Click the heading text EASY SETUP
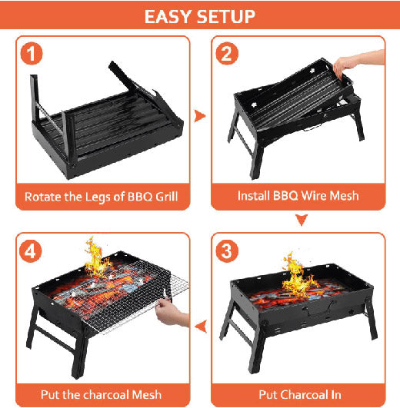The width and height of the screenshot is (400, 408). point(200,17)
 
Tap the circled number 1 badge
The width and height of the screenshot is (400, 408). point(32,53)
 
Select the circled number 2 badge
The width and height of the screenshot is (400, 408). point(227,53)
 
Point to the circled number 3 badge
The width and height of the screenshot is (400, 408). point(227,251)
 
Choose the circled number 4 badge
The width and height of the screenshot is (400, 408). point(31,251)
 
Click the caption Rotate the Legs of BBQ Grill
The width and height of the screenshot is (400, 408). point(102,197)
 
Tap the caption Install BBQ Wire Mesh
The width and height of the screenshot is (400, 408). point(298,196)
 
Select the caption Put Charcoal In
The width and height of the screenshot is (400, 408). point(300,394)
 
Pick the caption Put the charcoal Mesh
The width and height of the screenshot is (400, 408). point(101,394)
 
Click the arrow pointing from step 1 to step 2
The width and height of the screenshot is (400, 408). point(200,116)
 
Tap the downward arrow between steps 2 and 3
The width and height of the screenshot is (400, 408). point(302,220)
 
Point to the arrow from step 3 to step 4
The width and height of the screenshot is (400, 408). point(202,327)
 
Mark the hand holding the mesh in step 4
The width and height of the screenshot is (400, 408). point(171,312)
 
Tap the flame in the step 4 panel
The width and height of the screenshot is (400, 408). point(97,257)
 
